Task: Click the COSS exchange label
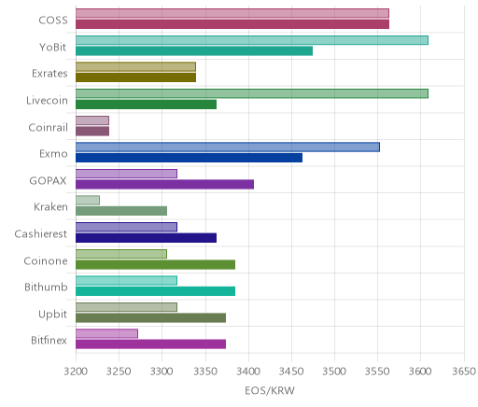coord(53,21)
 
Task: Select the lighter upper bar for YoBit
coord(252,40)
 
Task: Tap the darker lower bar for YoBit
coord(194,51)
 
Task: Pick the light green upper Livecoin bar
coord(252,93)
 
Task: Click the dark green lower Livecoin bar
coord(146,105)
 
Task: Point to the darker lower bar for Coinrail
coord(92,132)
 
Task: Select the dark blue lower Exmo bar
coord(189,158)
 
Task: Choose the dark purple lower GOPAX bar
coord(164,185)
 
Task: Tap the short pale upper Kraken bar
coord(88,201)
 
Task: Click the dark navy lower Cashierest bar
coord(146,238)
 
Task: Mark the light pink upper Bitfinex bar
coord(106,333)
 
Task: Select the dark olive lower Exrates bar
coord(135,77)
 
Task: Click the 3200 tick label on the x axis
coord(76,372)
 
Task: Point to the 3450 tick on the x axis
coord(291,372)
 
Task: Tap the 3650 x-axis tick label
coord(464,372)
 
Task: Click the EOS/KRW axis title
coord(270,391)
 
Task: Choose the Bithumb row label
coord(46,287)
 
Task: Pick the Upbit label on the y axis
coord(53,314)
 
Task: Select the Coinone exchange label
coord(46,260)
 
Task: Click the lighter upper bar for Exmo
coord(228,147)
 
